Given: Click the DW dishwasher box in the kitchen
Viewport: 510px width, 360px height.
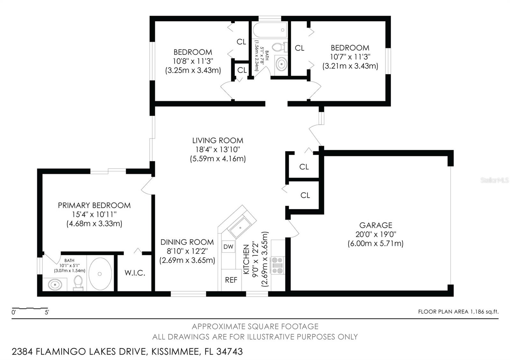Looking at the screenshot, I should [228, 246].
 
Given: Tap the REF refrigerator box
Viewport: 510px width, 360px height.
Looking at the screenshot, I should [231, 280].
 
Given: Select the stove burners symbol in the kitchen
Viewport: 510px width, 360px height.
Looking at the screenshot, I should [276, 265].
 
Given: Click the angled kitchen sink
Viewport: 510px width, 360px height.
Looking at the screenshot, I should [241, 227].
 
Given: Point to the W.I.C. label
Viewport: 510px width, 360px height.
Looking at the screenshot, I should [135, 273].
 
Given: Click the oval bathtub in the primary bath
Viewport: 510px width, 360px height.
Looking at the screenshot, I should [100, 274].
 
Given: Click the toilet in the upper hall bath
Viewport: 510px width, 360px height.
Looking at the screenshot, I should [279, 47].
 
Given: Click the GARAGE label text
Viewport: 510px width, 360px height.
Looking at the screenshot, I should [375, 225].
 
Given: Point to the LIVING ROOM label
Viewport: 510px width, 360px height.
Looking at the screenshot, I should [218, 140].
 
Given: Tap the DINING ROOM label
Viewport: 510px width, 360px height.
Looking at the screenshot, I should [187, 242].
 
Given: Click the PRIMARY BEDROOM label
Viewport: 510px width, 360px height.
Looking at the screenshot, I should [94, 205].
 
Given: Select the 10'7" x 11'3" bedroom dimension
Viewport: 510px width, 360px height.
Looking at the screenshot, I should [350, 57].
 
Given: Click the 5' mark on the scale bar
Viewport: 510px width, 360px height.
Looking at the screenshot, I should [47, 312].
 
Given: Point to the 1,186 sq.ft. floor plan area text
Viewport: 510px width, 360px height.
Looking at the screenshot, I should [484, 312].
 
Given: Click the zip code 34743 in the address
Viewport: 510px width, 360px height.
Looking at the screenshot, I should [229, 352].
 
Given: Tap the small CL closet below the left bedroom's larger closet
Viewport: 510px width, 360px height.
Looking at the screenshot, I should [242, 70].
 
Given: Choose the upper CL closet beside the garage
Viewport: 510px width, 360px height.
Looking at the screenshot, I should [304, 167].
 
